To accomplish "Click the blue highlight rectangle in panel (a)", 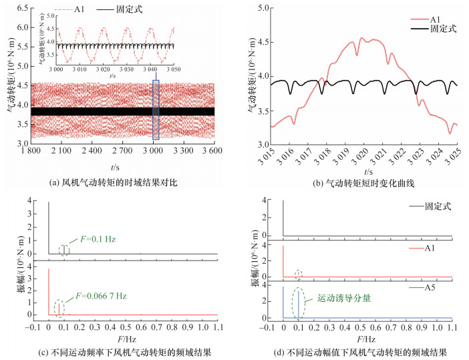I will [156, 110].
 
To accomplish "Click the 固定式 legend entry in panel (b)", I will [442, 29].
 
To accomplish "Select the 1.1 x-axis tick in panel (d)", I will [452, 328].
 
